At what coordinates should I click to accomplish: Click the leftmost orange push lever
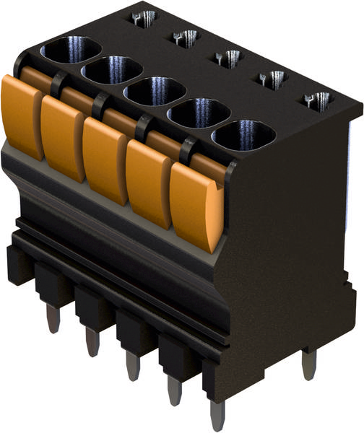coord(22,115)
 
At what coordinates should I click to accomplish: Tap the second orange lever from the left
coord(63,137)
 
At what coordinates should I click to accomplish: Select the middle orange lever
coord(105,160)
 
